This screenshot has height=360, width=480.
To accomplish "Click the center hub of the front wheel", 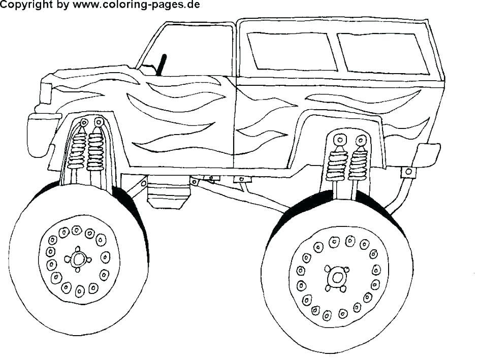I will point(78,260).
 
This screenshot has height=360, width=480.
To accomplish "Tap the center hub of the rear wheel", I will point(336,278).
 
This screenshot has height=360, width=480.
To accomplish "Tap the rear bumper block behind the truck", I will point(427,154).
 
